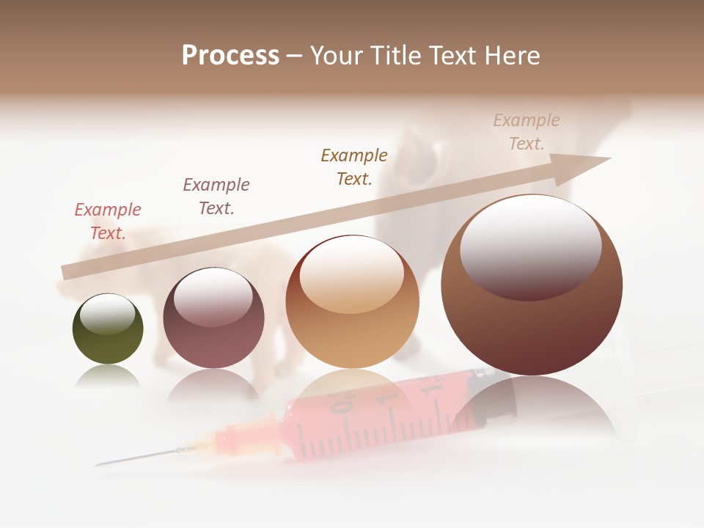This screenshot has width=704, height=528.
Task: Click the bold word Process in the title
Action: click(230, 56)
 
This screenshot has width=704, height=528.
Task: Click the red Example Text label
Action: click(108, 221)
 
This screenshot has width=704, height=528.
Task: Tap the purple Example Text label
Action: click(216, 196)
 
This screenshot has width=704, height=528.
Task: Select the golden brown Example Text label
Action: click(354, 166)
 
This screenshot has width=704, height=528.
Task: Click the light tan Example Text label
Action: click(527, 131)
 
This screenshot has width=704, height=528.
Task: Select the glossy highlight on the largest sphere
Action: click(530, 246)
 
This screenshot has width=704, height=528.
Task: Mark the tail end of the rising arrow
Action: click(66, 273)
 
